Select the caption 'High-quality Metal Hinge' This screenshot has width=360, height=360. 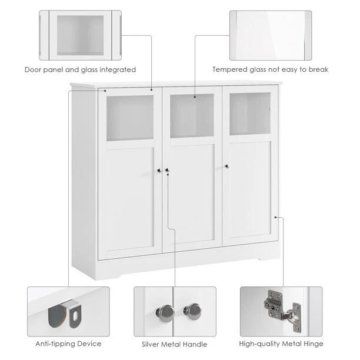pos(281,344)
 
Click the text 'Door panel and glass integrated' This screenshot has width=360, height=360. pos(80,69)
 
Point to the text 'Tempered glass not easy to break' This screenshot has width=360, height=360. pos(270,69)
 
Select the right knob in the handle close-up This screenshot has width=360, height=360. pos(194,310)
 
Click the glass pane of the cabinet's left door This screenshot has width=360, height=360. pos(129,118)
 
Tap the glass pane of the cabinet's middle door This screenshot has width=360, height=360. pos(192,115)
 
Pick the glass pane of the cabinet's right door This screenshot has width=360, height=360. pos(250,113)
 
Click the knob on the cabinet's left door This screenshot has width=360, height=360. pos(159,170)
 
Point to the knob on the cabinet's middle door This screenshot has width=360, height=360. pos(166,170)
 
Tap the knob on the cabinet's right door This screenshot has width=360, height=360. pos(227,166)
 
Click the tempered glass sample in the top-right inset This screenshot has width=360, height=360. pos(271,35)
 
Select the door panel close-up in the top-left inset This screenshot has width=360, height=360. pos(80,35)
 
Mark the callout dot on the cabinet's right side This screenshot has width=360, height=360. pos(275,217)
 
